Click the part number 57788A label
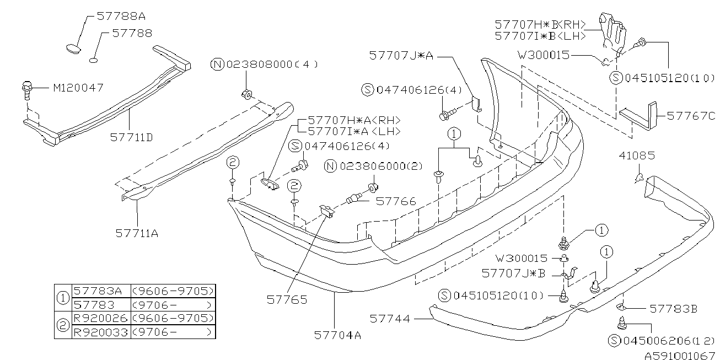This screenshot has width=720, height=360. (x=117, y=16)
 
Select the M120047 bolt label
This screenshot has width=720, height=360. (x=78, y=88)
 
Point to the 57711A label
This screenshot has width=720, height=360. (x=137, y=233)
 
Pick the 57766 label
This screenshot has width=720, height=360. (x=396, y=202)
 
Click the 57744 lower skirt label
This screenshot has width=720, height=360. (x=390, y=318)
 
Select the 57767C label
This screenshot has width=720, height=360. (x=691, y=116)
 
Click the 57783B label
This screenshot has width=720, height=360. (x=673, y=309)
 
